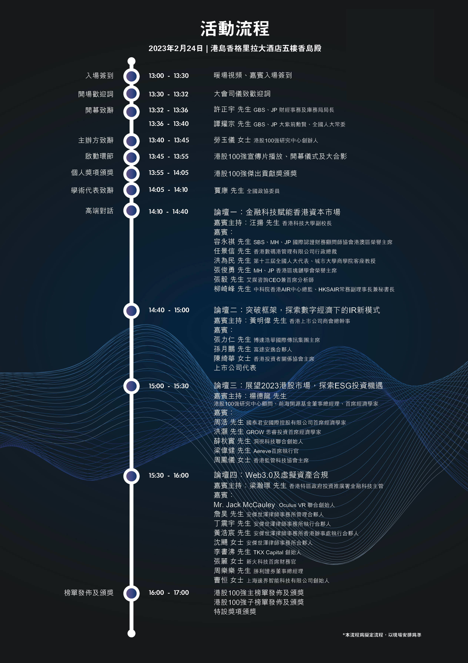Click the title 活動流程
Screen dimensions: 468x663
click(x=235, y=29)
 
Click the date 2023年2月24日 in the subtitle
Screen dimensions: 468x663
click(x=176, y=48)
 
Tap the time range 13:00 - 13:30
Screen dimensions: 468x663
click(x=169, y=76)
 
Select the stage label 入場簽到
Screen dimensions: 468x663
click(x=99, y=76)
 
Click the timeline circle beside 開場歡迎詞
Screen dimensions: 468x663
click(x=132, y=94)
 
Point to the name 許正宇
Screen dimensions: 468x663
click(x=224, y=109)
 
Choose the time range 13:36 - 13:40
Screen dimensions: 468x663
click(x=169, y=124)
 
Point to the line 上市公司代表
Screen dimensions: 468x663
click(x=235, y=368)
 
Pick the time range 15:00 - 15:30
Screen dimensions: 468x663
click(x=169, y=386)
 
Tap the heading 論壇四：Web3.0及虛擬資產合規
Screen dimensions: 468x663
click(x=271, y=475)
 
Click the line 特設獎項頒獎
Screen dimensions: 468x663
click(x=235, y=611)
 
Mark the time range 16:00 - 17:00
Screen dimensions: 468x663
click(x=169, y=593)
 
